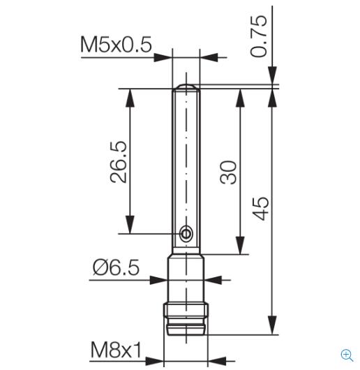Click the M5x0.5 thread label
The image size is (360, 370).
tap(116, 45)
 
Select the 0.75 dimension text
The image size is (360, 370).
tap(259, 36)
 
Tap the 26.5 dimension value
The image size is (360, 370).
tap(118, 162)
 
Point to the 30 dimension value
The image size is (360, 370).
tap(228, 172)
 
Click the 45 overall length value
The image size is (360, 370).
tap(260, 208)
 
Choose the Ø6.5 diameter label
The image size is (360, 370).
tap(116, 267)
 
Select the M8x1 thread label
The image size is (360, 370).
tap(116, 350)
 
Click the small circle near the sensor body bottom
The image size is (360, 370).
tap(186, 234)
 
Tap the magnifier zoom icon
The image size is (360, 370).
tap(347, 355)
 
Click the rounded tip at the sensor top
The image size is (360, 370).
tap(186, 87)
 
